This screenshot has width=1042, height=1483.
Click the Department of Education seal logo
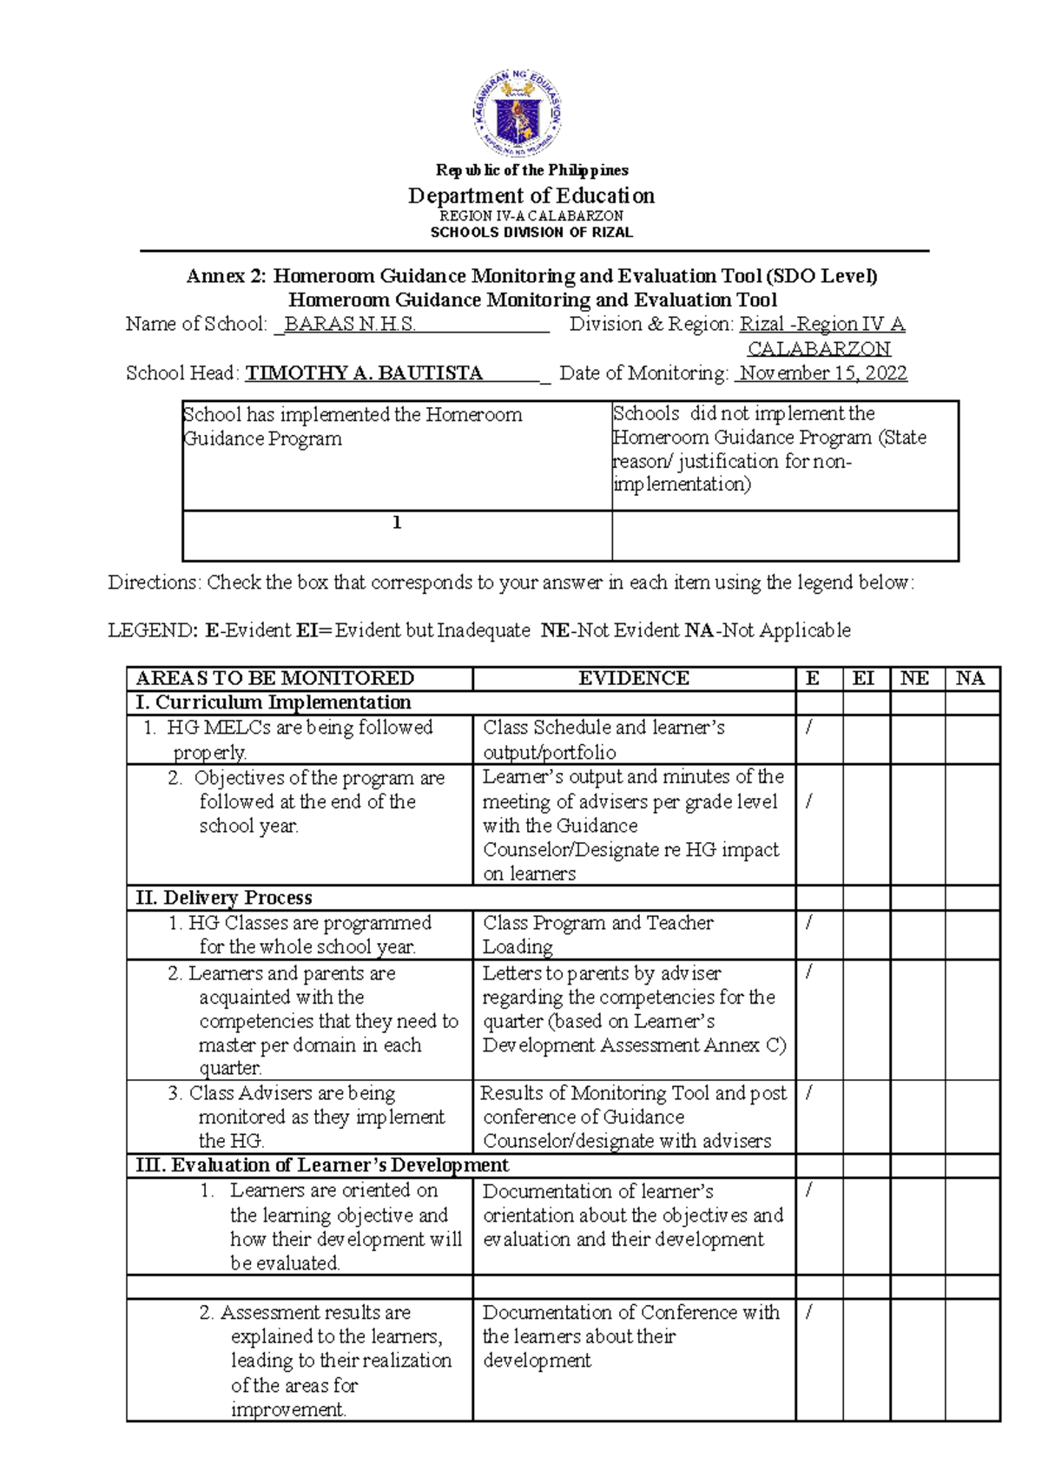click(x=518, y=114)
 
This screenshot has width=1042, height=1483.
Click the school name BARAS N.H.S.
click(x=350, y=325)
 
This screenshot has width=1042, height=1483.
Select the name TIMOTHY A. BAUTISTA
click(x=364, y=373)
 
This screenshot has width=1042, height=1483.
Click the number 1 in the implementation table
click(x=397, y=523)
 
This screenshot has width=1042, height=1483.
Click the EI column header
click(x=863, y=678)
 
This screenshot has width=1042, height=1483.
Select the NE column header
click(x=914, y=678)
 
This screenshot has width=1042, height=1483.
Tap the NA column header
click(x=970, y=678)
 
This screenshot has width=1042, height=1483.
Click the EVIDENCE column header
click(x=634, y=678)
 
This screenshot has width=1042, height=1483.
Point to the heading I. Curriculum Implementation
click(x=274, y=702)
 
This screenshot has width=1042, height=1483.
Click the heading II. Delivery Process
click(x=224, y=898)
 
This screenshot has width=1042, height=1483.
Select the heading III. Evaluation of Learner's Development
click(x=322, y=1165)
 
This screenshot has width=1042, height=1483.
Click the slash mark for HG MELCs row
click(x=809, y=728)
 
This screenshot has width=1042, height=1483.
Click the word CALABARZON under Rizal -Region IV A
click(x=819, y=349)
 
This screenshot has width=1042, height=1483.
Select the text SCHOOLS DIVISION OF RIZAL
click(x=531, y=233)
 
